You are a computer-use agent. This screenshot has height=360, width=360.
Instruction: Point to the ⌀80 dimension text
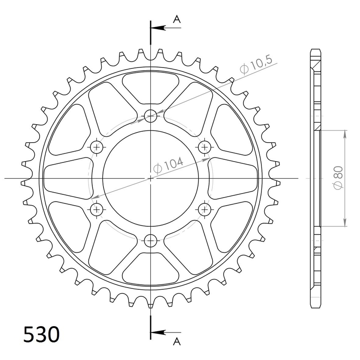tap(339, 179)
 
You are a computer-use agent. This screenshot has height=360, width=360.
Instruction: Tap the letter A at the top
tap(177, 18)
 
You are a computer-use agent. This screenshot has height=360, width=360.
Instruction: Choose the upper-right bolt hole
tap(205, 147)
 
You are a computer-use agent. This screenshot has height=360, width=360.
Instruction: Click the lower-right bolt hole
tap(205, 209)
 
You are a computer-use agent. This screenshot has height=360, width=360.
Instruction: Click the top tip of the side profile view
tap(316, 49)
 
